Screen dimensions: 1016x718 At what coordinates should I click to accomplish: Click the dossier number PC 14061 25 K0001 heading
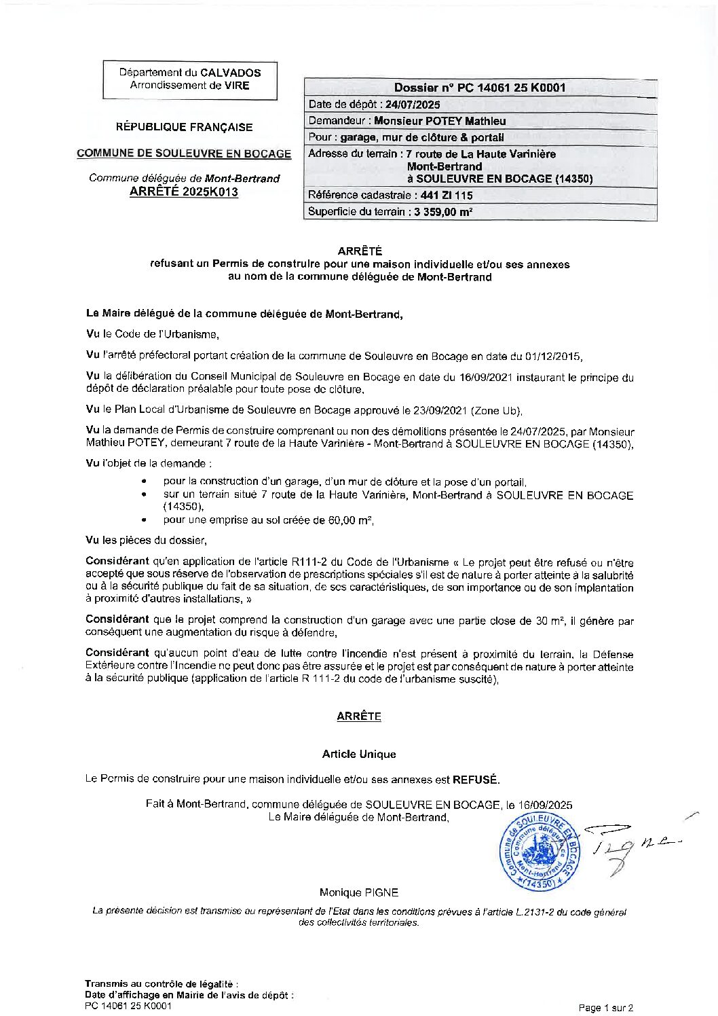tap(480, 88)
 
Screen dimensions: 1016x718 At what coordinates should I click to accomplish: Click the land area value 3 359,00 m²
tap(441, 212)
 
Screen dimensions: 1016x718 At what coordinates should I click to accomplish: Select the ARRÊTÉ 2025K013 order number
tap(184, 192)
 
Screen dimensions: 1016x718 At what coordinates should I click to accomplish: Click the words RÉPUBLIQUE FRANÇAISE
tap(184, 127)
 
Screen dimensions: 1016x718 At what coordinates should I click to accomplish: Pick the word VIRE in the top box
tap(237, 86)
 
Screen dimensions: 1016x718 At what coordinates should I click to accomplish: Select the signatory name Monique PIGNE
tap(359, 892)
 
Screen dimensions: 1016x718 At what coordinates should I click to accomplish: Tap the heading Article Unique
tap(359, 755)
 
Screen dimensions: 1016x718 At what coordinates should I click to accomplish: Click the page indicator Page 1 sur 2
tap(606, 1008)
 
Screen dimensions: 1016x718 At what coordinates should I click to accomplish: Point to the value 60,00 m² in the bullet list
tap(351, 521)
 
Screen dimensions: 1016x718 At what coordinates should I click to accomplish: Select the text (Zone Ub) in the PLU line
tap(499, 410)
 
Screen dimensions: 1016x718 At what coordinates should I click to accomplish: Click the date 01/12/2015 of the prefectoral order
tap(554, 356)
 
